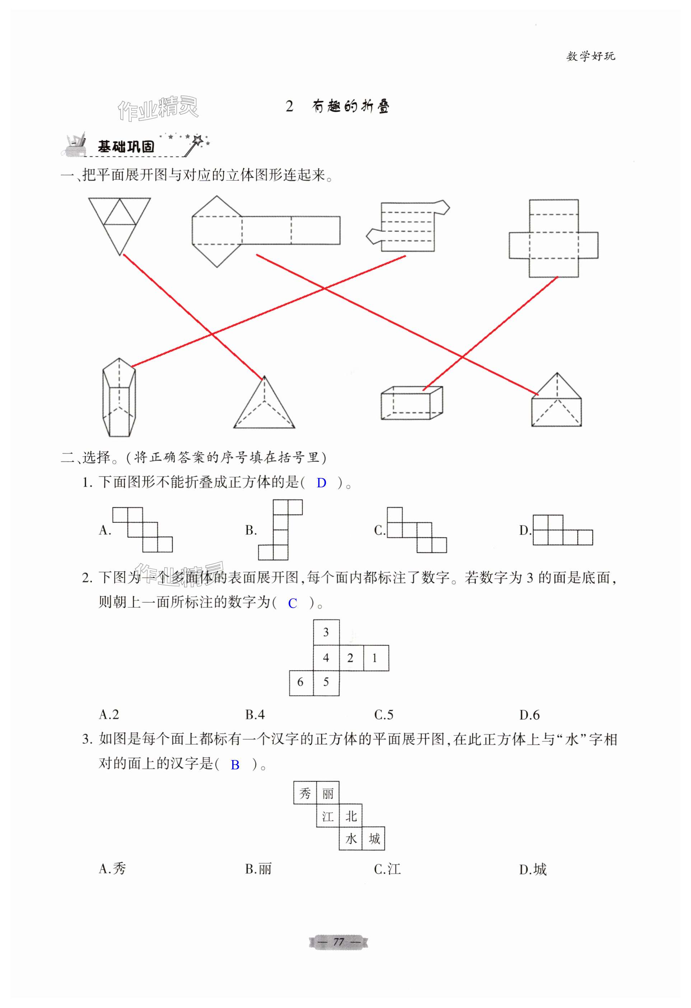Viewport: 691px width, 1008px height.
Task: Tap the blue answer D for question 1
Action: tap(321, 483)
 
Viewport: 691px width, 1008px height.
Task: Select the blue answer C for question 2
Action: tap(292, 603)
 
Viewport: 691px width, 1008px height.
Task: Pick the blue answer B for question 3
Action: tap(235, 765)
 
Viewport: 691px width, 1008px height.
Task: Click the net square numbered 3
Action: tap(326, 632)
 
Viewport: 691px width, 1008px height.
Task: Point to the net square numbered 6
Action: tap(300, 683)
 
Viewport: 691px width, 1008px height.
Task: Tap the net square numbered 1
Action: tap(375, 658)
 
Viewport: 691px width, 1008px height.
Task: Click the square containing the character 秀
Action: tap(305, 793)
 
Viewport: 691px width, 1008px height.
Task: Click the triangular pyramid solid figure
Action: tap(264, 405)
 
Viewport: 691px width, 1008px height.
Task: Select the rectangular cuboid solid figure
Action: tap(411, 403)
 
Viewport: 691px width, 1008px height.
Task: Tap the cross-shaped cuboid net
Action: tap(553, 239)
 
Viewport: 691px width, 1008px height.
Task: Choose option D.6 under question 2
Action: tap(529, 714)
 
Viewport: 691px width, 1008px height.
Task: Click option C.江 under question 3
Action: tap(387, 869)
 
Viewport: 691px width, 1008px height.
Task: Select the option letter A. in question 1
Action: tap(105, 530)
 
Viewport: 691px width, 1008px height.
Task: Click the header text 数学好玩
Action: tap(590, 56)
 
